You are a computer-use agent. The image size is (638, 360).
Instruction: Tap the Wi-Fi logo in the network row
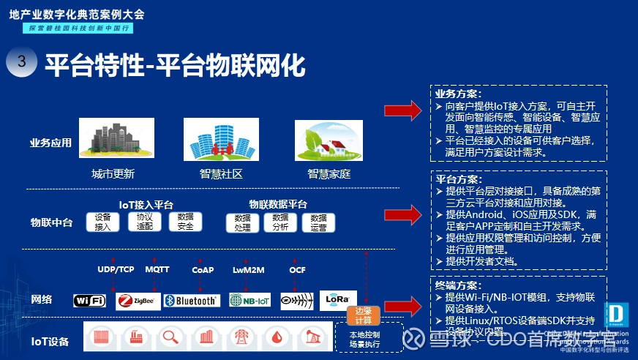click(90, 301)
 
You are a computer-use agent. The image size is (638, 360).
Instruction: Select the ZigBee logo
click(138, 301)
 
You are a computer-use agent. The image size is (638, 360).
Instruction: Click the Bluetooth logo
click(191, 301)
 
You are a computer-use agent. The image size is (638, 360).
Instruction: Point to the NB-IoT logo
click(249, 300)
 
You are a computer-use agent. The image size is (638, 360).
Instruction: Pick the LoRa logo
click(338, 299)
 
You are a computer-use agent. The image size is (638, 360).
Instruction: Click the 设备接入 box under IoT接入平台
click(103, 222)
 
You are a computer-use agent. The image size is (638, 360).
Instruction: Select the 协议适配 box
click(145, 222)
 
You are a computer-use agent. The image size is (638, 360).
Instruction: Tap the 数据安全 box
click(186, 222)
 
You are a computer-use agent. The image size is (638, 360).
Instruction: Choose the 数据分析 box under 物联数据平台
click(279, 222)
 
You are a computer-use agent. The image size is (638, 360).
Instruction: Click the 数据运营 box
click(318, 223)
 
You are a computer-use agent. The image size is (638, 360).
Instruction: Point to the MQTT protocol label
click(157, 270)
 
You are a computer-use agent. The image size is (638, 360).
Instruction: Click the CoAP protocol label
click(203, 270)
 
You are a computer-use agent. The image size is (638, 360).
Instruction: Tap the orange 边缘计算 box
click(364, 315)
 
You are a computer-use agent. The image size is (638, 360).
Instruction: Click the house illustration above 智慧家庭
click(329, 140)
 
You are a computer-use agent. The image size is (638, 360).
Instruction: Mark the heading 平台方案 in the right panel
click(459, 179)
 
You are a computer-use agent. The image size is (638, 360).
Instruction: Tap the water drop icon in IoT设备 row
click(277, 337)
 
